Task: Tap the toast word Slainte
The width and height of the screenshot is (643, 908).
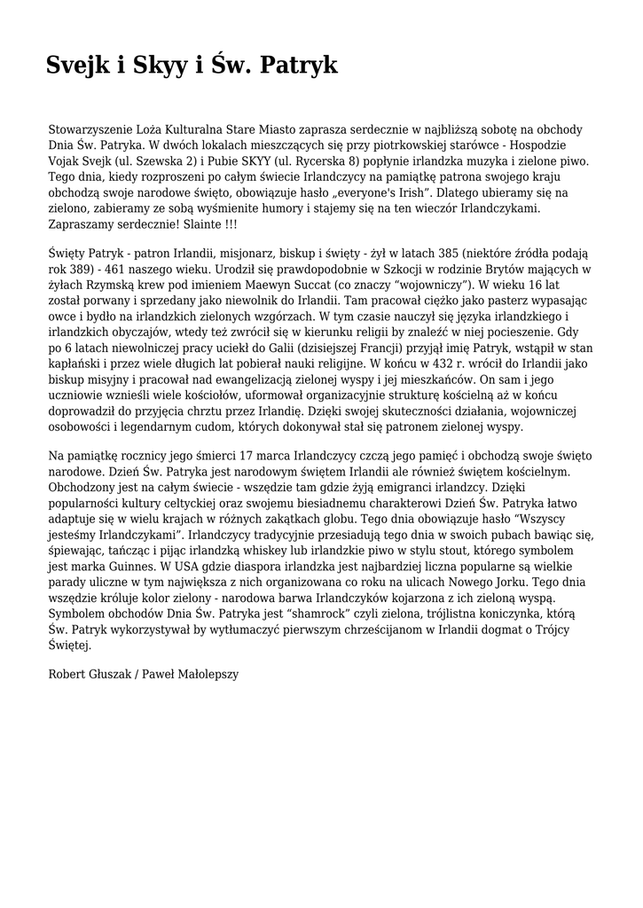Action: click(198, 224)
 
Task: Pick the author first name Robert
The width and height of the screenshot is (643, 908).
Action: click(67, 673)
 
